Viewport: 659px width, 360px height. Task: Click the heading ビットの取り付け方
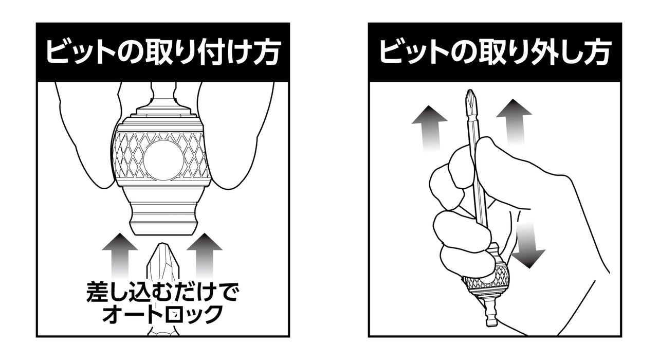(162, 52)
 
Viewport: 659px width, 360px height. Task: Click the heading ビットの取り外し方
(495, 52)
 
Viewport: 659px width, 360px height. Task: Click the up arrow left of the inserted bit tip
(120, 256)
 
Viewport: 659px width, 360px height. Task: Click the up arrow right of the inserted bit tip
(205, 256)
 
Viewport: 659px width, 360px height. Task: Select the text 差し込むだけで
(162, 292)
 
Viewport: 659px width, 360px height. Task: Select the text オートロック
(162, 314)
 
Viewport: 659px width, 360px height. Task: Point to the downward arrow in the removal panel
(528, 245)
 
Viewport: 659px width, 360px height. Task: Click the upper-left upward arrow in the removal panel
(430, 129)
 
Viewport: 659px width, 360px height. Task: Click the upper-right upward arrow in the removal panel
(514, 122)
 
